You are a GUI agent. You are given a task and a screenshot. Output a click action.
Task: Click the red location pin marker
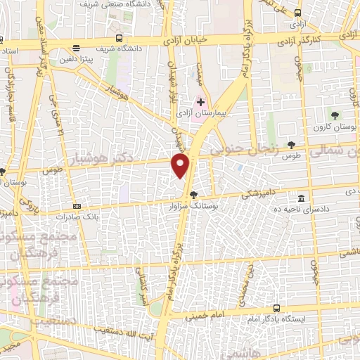point(181,165)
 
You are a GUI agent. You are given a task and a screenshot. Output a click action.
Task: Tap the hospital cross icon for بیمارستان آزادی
point(201,103)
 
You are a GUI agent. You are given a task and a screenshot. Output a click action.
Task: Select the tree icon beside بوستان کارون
point(333,114)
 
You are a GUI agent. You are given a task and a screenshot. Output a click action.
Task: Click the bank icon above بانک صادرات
point(77,206)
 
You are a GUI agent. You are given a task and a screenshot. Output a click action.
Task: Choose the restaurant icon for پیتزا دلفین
point(76,48)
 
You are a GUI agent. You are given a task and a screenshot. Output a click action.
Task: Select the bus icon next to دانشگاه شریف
point(120,38)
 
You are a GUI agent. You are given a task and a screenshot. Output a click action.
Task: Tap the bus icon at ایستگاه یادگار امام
point(277,308)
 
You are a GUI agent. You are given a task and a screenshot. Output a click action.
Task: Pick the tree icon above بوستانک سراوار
point(194,195)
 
